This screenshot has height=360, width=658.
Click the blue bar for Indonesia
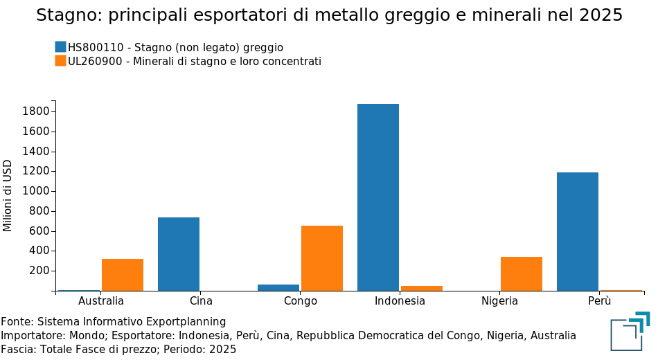coord(377,197)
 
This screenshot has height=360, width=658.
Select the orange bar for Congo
coord(322,258)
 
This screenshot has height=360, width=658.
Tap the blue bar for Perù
coord(577,231)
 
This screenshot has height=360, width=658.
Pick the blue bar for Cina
coord(179,254)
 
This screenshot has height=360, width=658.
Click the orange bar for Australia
coord(123,275)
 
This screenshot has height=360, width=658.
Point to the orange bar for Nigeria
coord(522,273)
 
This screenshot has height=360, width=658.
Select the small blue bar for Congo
coord(278,287)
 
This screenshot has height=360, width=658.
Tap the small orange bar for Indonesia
coord(422,288)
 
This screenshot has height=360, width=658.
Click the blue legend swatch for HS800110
coord(61,47)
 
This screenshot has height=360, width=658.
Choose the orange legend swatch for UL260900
coord(61,61)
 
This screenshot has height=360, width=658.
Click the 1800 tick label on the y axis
coord(35,111)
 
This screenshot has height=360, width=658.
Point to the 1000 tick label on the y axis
coord(35,191)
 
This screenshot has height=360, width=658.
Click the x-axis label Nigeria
coord(499,301)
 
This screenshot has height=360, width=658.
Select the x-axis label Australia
coord(101,301)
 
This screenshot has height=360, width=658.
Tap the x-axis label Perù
coord(599,301)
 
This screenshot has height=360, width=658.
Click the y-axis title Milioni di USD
coord(8,196)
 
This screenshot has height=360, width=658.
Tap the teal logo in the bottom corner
coord(630,331)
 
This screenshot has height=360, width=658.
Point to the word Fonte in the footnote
coord(16,322)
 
